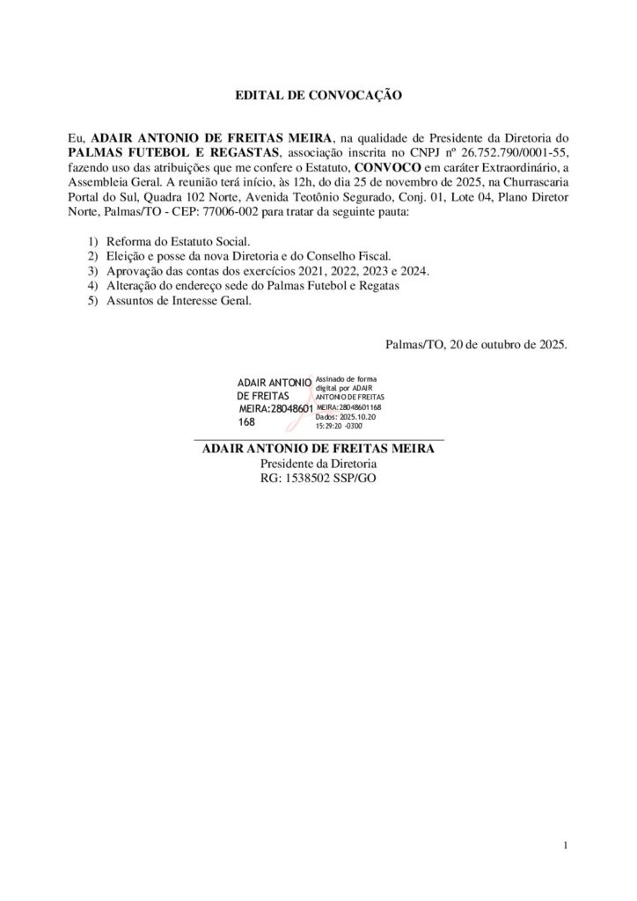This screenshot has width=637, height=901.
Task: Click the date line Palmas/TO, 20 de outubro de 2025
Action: click(x=476, y=345)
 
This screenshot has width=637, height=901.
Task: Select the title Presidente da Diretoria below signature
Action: click(x=318, y=464)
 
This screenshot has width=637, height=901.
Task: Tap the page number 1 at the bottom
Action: click(x=565, y=846)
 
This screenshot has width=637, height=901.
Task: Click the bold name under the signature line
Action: click(x=318, y=449)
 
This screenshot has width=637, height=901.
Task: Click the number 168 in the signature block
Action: click(x=247, y=422)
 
